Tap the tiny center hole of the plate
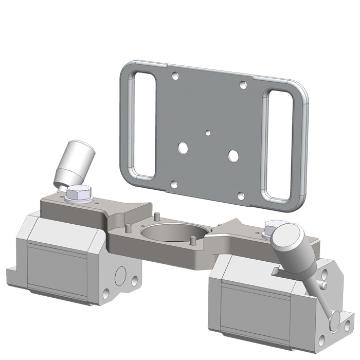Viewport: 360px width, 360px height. click(x=207, y=133)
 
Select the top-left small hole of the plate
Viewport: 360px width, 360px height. click(x=175, y=75)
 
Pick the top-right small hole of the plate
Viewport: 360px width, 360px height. click(x=243, y=85)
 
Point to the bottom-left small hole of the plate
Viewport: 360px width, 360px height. click(x=174, y=184)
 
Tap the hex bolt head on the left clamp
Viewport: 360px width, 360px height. click(x=79, y=194)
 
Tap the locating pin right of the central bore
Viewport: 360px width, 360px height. click(x=192, y=240)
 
